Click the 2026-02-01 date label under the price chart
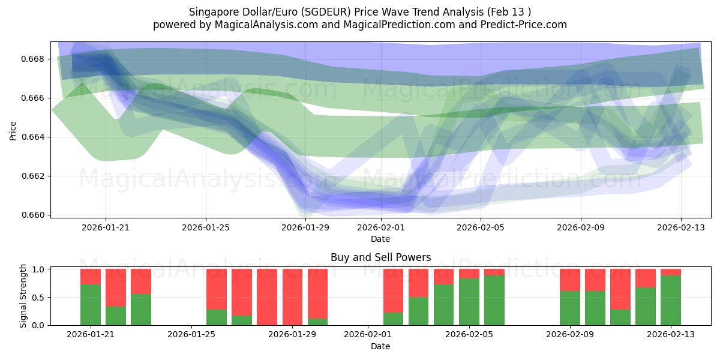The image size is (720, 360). [x=381, y=227]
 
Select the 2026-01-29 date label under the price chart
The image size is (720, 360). [x=305, y=227]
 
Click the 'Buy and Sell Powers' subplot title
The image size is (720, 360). [x=380, y=257]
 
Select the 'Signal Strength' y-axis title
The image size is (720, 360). [x=23, y=297]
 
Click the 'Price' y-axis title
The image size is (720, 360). [x=13, y=130]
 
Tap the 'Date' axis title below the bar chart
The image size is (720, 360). [x=380, y=346]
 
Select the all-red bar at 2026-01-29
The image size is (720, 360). [x=292, y=297]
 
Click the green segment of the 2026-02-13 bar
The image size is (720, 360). [x=670, y=301]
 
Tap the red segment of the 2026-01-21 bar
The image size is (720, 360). [x=91, y=276]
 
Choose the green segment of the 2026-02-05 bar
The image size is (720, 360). [x=469, y=302]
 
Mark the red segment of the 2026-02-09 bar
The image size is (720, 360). [x=569, y=280]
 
